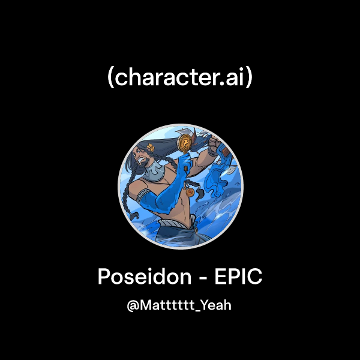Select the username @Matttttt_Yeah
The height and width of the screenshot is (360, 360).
(x=179, y=305)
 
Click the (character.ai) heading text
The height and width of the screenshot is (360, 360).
(x=180, y=77)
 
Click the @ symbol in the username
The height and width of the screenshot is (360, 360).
(x=133, y=305)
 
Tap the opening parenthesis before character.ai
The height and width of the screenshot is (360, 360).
(x=110, y=78)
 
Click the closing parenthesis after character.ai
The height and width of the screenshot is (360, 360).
(x=250, y=78)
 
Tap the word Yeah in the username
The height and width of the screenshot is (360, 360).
(x=217, y=305)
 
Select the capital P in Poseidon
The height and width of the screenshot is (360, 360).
(x=103, y=278)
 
